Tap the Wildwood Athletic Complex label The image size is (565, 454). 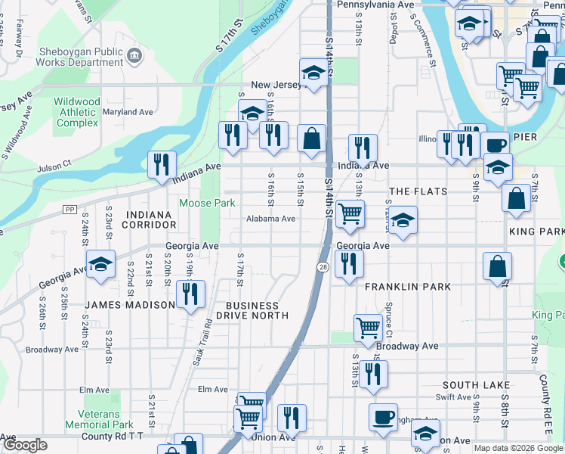click(x=77, y=112)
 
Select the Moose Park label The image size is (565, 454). click(x=207, y=203)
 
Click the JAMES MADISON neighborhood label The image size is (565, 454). click(x=130, y=305)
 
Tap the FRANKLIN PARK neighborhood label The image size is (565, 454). click(x=408, y=288)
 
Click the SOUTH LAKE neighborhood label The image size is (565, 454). click(x=477, y=385)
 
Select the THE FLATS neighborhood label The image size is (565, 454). click(x=418, y=191)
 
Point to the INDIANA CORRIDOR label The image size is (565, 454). click(x=151, y=220)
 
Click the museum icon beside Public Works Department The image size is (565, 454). click(x=134, y=54)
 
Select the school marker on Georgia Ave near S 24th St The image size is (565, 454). click(x=100, y=265)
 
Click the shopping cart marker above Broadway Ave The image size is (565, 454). click(x=368, y=328)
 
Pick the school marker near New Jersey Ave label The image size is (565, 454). click(x=312, y=73)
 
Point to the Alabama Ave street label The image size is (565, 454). click(x=270, y=219)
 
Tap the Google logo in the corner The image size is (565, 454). click(x=26, y=445)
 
